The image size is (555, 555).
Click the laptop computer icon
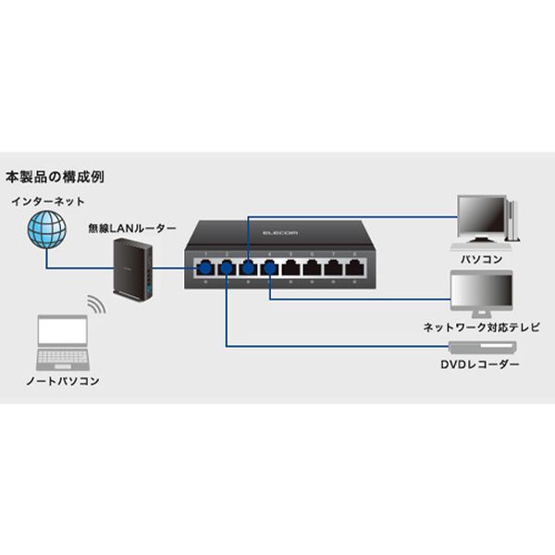62,341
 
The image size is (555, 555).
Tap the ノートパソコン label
63,381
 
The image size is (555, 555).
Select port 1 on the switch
203,268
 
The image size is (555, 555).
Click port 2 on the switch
225,268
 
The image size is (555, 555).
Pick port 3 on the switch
247,268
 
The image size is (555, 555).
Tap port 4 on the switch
269,268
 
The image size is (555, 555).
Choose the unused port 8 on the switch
354,268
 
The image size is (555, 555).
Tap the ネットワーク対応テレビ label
480,327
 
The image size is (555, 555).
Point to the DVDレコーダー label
480,365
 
